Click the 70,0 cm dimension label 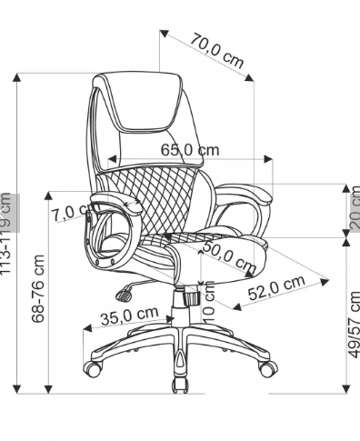(217, 51)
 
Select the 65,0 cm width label (190, 150)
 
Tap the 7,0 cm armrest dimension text (71, 212)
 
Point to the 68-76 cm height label (38, 288)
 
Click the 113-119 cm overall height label (5, 234)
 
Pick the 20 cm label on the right (355, 207)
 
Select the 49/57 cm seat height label (355, 325)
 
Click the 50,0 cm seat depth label (230, 256)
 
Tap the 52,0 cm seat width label (276, 287)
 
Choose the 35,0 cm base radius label (130, 316)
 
